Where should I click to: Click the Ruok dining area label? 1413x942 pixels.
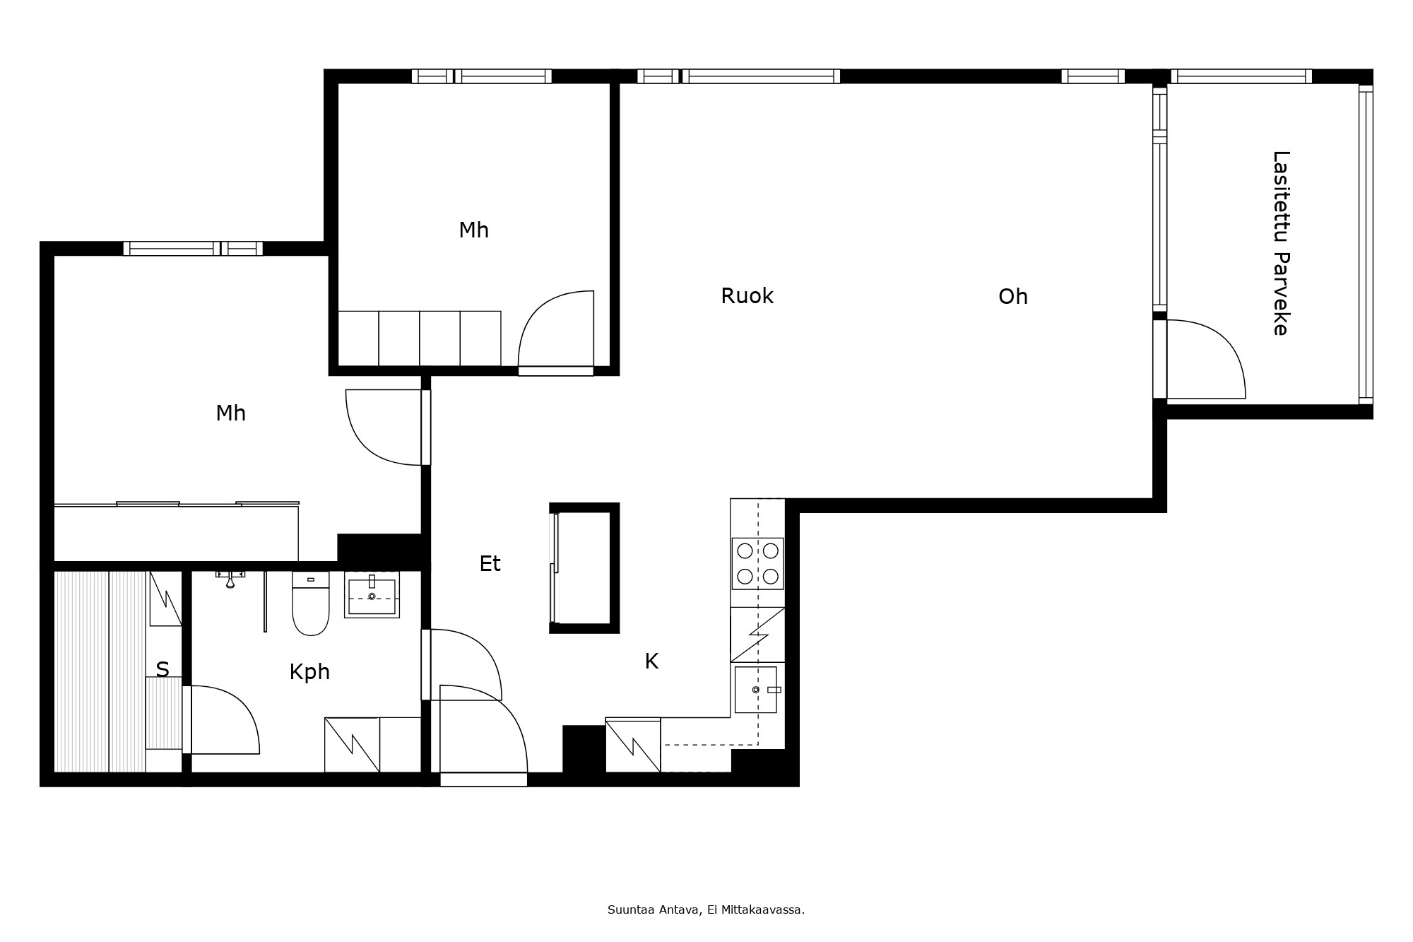tap(747, 296)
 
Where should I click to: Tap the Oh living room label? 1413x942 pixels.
tap(1012, 297)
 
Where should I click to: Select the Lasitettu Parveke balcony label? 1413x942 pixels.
tap(1281, 243)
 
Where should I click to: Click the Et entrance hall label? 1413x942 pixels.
tap(490, 564)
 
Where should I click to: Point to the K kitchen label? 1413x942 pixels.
tap(651, 661)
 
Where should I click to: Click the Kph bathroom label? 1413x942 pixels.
tap(309, 672)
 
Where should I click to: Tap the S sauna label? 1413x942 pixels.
tap(162, 669)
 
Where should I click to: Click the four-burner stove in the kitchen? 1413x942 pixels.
tap(757, 563)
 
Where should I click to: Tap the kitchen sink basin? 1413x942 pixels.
tap(755, 690)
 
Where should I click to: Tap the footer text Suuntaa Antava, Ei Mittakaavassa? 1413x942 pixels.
tap(706, 910)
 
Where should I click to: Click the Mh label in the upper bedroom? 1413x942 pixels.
tap(473, 230)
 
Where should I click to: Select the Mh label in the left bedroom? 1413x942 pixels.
tap(230, 413)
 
